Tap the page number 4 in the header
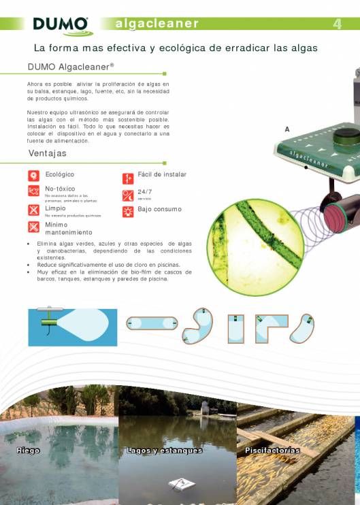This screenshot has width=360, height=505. coord(337,25)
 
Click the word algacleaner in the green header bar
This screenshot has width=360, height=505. coord(157,24)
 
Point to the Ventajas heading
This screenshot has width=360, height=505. coord(48,154)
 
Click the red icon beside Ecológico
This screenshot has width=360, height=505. coord(33,176)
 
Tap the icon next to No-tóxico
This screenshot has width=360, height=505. coord(33,192)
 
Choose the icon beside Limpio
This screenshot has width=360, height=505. coord(33,210)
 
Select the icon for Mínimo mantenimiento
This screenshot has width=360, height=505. coord(33,227)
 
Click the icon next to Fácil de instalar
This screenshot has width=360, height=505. coord(127,178)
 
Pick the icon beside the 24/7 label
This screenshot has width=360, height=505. coord(127,195)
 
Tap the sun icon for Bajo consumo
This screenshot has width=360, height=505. coord(127,211)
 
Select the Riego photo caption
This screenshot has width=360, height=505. coord(29,451)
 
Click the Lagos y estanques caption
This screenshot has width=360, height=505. coord(164,451)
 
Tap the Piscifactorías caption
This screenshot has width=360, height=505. coord(272,451)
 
